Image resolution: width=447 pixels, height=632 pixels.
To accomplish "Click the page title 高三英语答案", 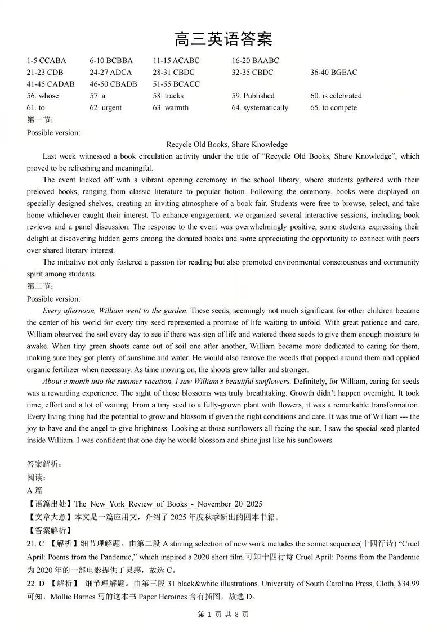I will point(223,39).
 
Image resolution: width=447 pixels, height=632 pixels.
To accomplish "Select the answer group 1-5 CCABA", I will point(46,61).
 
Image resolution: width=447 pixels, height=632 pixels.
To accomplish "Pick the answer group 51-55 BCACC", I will point(176,84).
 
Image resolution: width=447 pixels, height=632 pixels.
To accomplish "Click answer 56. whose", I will point(42,96).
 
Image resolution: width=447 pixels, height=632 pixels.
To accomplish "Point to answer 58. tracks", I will point(168,96).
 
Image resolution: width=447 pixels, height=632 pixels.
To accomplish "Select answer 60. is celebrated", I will point(336,96).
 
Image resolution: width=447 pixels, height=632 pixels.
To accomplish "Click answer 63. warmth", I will point(171,108).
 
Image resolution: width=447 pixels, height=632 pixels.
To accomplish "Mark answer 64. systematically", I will point(260,108).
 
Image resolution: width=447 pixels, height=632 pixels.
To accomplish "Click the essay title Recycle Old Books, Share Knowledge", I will point(227,145).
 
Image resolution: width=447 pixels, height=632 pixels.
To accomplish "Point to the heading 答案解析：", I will point(44,464).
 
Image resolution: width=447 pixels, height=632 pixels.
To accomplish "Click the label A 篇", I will point(34,490).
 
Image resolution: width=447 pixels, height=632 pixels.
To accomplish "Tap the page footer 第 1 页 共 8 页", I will point(223,615).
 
